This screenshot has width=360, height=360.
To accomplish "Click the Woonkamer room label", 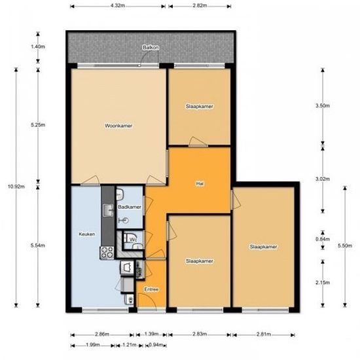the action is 118,126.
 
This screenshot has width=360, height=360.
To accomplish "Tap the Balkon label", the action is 151,48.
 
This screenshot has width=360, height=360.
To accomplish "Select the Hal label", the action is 200,183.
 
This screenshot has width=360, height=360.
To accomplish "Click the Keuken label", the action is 87,234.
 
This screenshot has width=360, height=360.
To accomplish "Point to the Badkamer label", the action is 130,207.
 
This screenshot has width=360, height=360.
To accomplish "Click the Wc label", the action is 134,240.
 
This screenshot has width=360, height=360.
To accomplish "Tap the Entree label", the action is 152,289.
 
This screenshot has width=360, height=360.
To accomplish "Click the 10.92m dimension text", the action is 16,187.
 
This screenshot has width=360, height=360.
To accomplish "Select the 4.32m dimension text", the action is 118,5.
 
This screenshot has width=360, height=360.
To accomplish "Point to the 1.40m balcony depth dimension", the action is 38,46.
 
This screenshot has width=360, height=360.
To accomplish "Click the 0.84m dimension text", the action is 323,239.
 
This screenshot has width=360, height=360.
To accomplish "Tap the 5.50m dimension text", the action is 344,245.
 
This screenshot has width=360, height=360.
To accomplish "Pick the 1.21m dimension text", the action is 129,345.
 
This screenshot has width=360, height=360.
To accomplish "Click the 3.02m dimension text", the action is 323,179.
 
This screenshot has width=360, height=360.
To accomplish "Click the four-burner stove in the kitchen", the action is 107,253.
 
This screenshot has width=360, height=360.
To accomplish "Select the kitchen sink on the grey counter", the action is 109,210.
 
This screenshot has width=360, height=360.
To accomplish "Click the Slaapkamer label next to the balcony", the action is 199,106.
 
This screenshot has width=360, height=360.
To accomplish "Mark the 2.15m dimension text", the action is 323,282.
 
